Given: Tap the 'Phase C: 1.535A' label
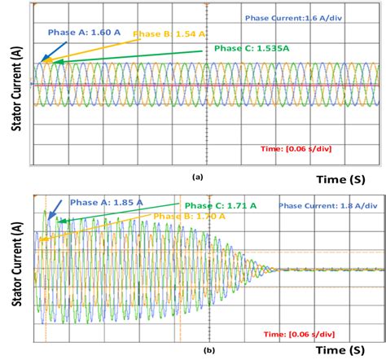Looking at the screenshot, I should coord(251,49).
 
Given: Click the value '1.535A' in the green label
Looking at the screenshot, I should coord(271,49).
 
